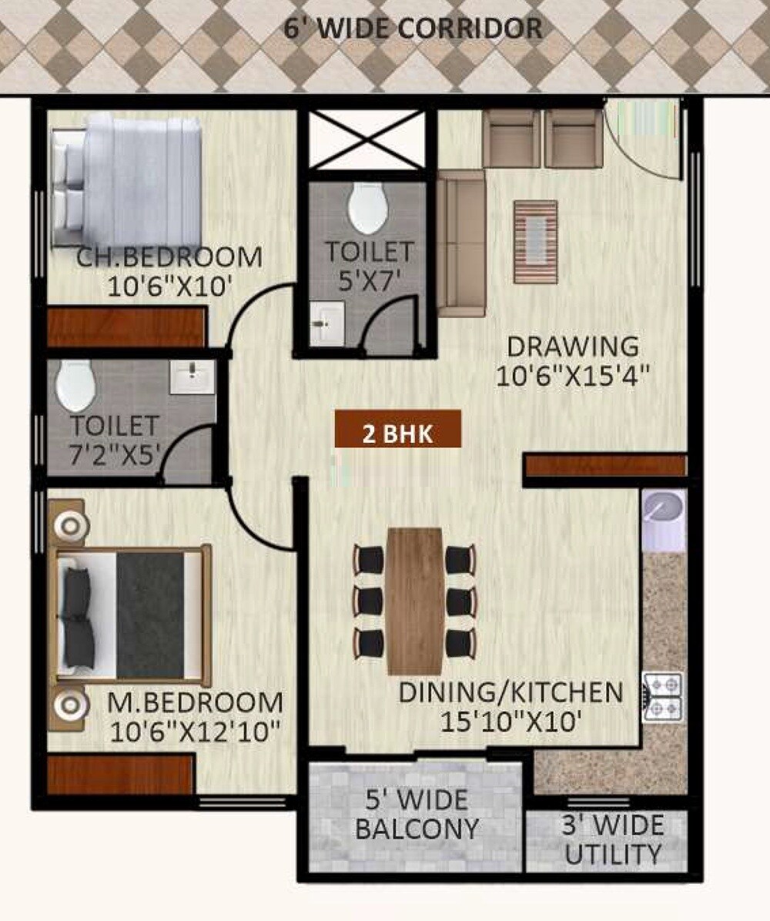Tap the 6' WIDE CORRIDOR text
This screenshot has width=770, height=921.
413,30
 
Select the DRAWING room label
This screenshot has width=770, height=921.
572,346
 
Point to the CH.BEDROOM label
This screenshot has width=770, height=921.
169,257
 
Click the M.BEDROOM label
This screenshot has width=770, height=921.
195,702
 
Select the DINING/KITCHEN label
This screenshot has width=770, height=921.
511,692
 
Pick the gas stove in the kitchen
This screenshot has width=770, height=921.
662,697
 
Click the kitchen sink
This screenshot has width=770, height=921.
663,509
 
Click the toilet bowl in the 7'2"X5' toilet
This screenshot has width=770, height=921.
75,385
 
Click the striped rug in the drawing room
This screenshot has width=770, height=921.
535,241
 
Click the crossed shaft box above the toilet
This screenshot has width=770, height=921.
367,139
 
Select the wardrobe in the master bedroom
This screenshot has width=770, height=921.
119,773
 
